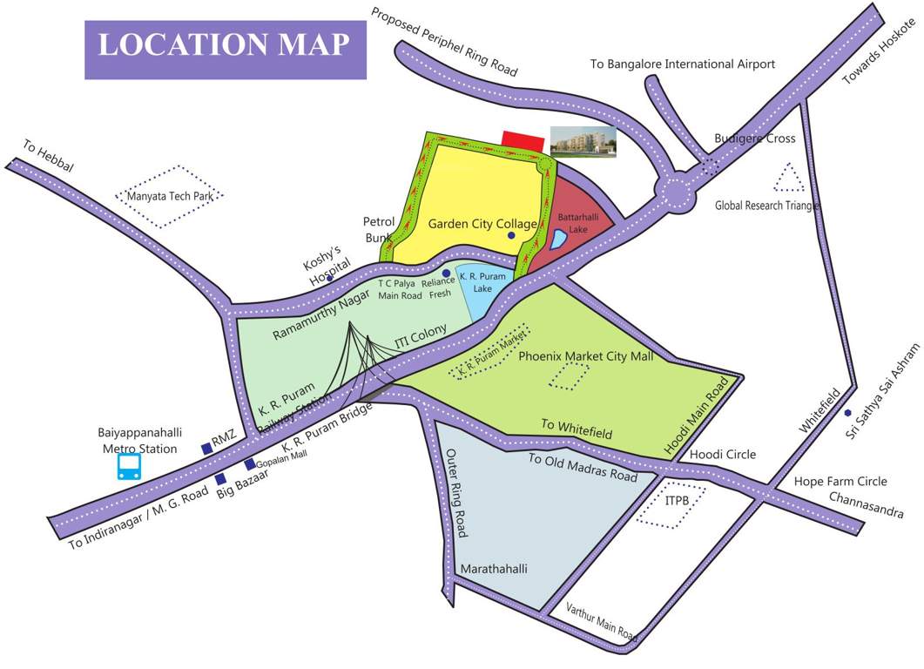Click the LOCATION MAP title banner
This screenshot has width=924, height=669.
(x=225, y=45)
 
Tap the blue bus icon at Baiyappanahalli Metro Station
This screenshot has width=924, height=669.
(x=130, y=467)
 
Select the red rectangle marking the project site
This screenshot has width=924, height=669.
(x=523, y=141)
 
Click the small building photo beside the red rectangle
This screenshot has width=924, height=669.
(x=583, y=141)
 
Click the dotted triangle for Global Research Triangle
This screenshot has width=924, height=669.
(x=790, y=179)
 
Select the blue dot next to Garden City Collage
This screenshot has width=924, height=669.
(x=511, y=235)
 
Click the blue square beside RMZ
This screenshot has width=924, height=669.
(x=206, y=449)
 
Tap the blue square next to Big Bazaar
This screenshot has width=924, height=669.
(x=221, y=479)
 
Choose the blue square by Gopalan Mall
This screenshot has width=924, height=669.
(x=250, y=464)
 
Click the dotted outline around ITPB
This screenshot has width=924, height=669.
(x=671, y=504)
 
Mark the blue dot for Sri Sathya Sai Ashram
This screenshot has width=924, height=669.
(x=847, y=413)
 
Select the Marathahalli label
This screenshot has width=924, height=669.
(x=494, y=570)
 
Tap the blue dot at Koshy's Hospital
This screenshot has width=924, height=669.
(x=330, y=280)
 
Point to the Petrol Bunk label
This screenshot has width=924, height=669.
(x=380, y=229)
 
